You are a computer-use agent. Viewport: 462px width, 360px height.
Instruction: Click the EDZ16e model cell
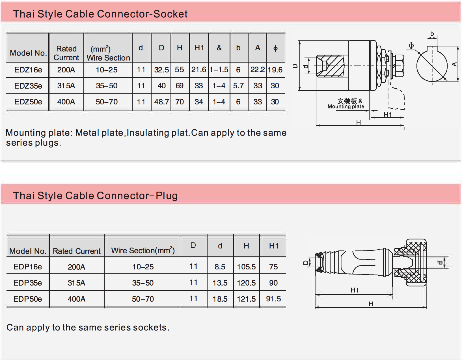tap(28, 70)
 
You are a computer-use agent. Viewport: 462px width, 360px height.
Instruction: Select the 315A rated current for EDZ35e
tap(66, 85)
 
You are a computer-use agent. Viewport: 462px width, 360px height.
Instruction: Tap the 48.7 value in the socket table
tap(161, 102)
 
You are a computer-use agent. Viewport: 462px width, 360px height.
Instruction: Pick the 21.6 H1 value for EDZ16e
tap(198, 70)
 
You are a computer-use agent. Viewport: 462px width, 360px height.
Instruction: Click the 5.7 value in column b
tap(238, 85)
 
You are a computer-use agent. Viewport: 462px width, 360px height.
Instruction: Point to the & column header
tap(219, 48)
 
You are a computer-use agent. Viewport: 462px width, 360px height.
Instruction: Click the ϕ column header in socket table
tap(275, 48)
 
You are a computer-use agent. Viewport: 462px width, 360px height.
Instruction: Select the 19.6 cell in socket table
tap(275, 70)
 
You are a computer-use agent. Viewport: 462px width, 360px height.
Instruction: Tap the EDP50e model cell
tap(28, 299)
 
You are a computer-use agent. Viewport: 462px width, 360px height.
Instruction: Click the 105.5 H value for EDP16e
tap(246, 267)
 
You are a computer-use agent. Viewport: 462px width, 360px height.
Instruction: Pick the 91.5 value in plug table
tap(273, 299)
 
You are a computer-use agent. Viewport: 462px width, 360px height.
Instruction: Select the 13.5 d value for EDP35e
tap(220, 283)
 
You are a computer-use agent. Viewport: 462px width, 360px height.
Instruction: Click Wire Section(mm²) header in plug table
tap(143, 250)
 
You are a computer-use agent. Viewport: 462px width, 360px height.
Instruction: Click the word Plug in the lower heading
tap(167, 196)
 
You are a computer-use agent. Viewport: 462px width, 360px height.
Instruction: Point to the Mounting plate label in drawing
tap(346, 106)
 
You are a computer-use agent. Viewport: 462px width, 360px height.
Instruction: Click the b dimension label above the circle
tap(432, 34)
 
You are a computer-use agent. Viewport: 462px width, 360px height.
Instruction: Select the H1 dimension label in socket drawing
tap(388, 114)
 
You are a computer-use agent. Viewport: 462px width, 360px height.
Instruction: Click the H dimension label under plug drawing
tap(371, 304)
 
